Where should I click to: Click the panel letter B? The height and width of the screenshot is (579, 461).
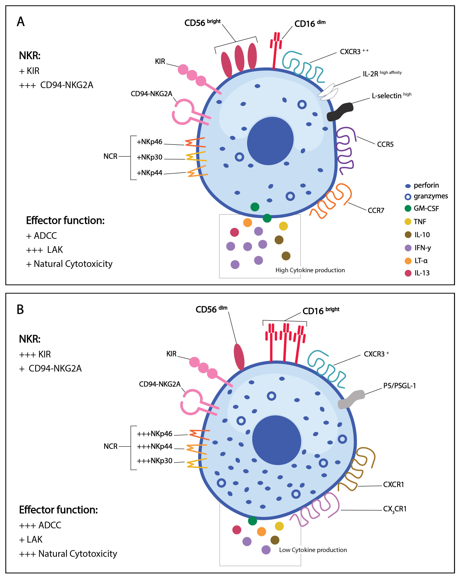(20, 309)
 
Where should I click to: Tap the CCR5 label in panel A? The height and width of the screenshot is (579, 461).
(385, 145)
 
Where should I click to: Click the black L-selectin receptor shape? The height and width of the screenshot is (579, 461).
(340, 111)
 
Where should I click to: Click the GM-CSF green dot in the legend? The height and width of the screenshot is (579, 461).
(408, 208)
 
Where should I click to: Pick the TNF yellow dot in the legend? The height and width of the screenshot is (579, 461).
(408, 222)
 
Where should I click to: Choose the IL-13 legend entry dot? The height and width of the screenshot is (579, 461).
(408, 273)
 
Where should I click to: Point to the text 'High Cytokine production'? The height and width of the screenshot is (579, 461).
(310, 270)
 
